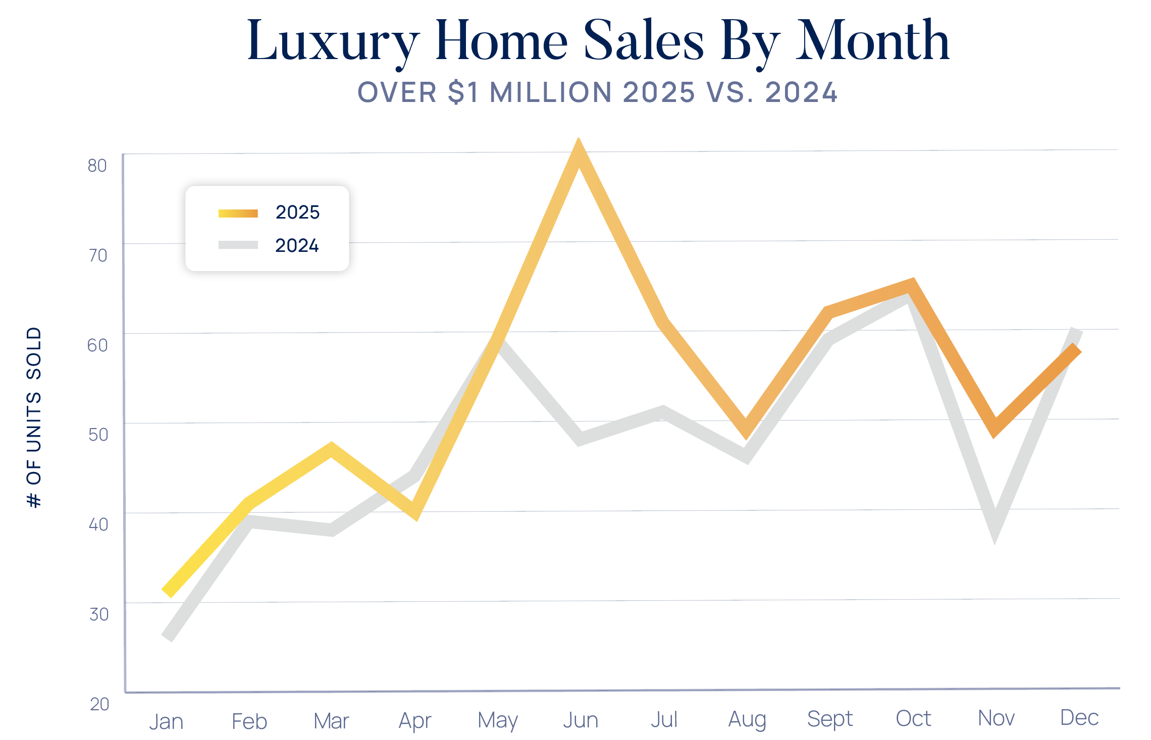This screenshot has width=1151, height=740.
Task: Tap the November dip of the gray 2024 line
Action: pyautogui.click(x=995, y=525)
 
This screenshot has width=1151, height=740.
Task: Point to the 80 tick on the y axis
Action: pyautogui.click(x=97, y=166)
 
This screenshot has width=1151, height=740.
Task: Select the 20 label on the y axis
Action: pyautogui.click(x=99, y=704)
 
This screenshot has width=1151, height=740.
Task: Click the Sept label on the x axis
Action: pyautogui.click(x=829, y=719)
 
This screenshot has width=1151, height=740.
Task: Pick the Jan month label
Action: pyautogui.click(x=166, y=722)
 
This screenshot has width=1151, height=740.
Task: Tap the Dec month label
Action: pyautogui.click(x=1079, y=718)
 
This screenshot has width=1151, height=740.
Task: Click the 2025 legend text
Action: pyautogui.click(x=297, y=213)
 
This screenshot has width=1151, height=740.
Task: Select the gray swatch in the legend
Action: pyautogui.click(x=238, y=245)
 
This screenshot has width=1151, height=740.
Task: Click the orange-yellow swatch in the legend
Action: pyautogui.click(x=238, y=214)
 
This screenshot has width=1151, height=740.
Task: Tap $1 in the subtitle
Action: pyautogui.click(x=463, y=92)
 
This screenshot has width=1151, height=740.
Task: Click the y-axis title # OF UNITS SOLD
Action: pyautogui.click(x=34, y=417)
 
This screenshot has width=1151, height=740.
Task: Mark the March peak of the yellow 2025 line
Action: pyautogui.click(x=331, y=449)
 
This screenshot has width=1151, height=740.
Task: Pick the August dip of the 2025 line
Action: pyautogui.click(x=746, y=429)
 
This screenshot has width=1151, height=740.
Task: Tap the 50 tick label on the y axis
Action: pyautogui.click(x=98, y=435)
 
